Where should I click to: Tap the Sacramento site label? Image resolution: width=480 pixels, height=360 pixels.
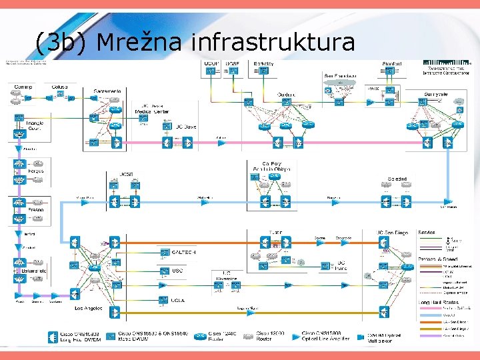[103, 90]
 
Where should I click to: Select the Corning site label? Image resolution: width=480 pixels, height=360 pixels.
[23, 86]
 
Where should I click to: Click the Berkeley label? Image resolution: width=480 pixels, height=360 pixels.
[263, 63]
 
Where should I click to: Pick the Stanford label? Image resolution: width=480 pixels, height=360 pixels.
[392, 63]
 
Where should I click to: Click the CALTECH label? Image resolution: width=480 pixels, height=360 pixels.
[183, 253]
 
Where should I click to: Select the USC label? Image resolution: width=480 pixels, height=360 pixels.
[177, 271]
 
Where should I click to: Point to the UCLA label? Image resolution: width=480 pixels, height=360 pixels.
[178, 301]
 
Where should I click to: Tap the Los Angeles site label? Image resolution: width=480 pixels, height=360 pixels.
[89, 309]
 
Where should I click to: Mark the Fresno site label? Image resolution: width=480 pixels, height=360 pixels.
[36, 209]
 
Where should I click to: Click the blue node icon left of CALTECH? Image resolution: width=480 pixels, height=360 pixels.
[164, 253]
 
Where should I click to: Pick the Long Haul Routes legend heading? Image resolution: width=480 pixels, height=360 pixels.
[436, 302]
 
